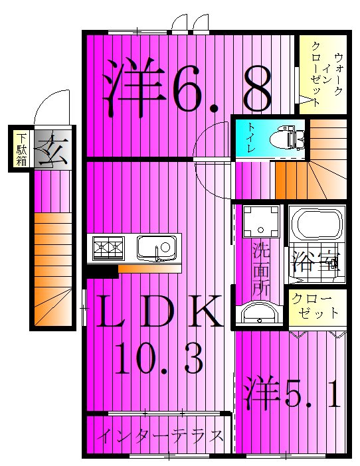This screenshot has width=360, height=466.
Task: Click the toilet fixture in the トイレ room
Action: (x=287, y=139)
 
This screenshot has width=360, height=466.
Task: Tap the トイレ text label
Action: (x=252, y=138)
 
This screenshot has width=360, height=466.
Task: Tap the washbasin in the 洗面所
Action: (x=258, y=312)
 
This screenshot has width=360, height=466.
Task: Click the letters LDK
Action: (x=157, y=311)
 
